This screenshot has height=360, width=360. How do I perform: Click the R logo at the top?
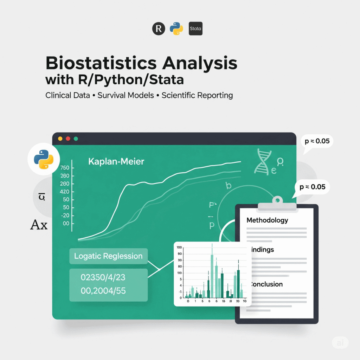tap(159, 29)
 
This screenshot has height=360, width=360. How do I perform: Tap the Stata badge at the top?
tap(195, 29)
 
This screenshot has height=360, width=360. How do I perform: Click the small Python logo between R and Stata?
tap(176, 29)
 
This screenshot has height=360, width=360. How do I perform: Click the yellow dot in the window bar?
tap(60, 139)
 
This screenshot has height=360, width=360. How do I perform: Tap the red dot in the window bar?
tap(68, 139)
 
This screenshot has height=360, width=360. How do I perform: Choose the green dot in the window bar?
tap(76, 139)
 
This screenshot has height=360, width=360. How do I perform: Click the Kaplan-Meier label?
tap(116, 162)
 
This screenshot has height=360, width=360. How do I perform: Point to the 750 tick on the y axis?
tap(65, 168)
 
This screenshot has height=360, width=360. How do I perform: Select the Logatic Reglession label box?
tap(108, 256)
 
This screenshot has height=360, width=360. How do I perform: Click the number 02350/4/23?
tap(103, 277)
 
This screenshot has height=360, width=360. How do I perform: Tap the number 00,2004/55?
tap(103, 291)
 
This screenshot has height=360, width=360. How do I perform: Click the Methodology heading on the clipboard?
tap(267, 220)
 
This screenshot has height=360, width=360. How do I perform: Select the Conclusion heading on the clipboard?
tap(266, 284)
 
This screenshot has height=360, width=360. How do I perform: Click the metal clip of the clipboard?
tap(277, 204)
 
